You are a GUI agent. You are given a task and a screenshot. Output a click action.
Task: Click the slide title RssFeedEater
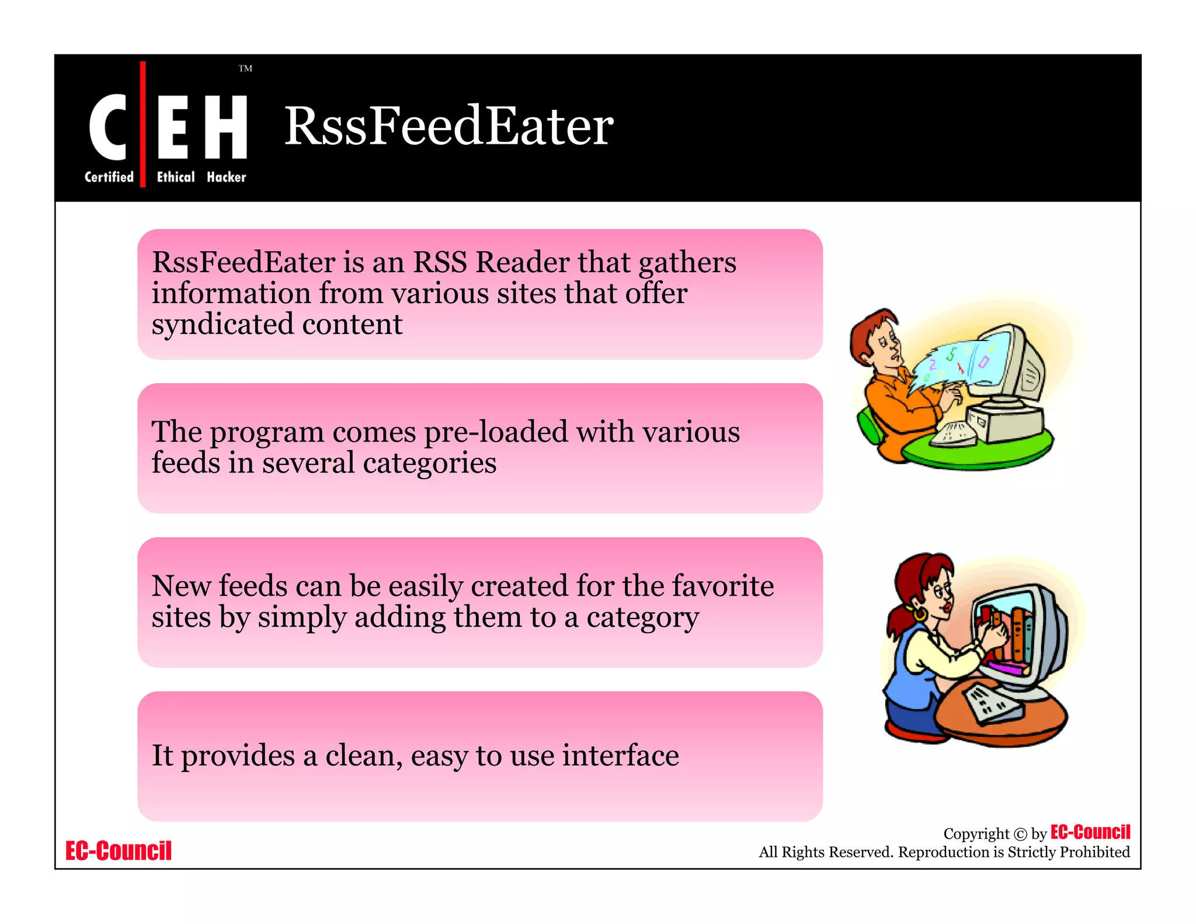click(448, 126)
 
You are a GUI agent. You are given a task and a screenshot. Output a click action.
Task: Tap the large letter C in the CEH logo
click(108, 127)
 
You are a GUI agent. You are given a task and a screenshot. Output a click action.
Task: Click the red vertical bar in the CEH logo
click(143, 124)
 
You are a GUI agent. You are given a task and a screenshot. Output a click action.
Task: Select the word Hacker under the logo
click(226, 177)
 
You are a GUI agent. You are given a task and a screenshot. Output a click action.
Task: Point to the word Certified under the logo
click(109, 177)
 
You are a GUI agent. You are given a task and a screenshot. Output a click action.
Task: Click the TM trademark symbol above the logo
click(245, 69)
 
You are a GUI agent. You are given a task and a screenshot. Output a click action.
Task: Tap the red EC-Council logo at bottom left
click(119, 851)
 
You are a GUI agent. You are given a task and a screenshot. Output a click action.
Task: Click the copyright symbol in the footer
click(1020, 834)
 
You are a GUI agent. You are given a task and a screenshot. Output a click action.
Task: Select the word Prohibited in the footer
click(1094, 852)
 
